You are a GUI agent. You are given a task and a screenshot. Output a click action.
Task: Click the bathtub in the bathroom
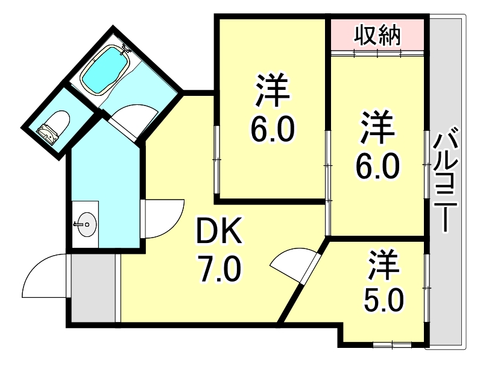[x=105, y=70]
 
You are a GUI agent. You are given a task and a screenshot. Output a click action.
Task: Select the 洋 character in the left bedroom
[x=272, y=89]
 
